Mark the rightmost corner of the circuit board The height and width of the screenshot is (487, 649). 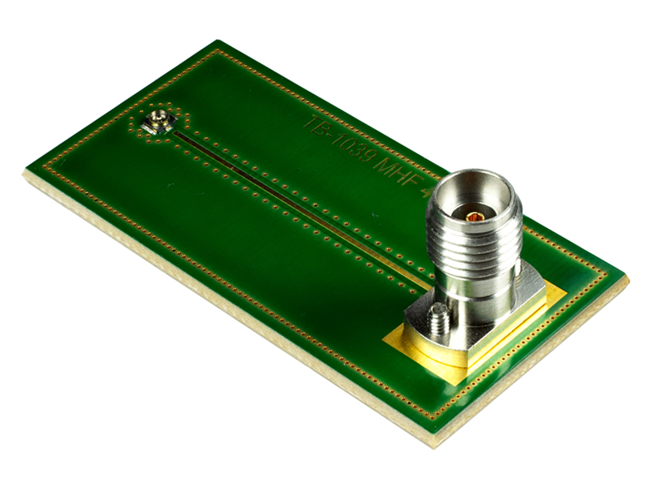[x=627, y=278]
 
